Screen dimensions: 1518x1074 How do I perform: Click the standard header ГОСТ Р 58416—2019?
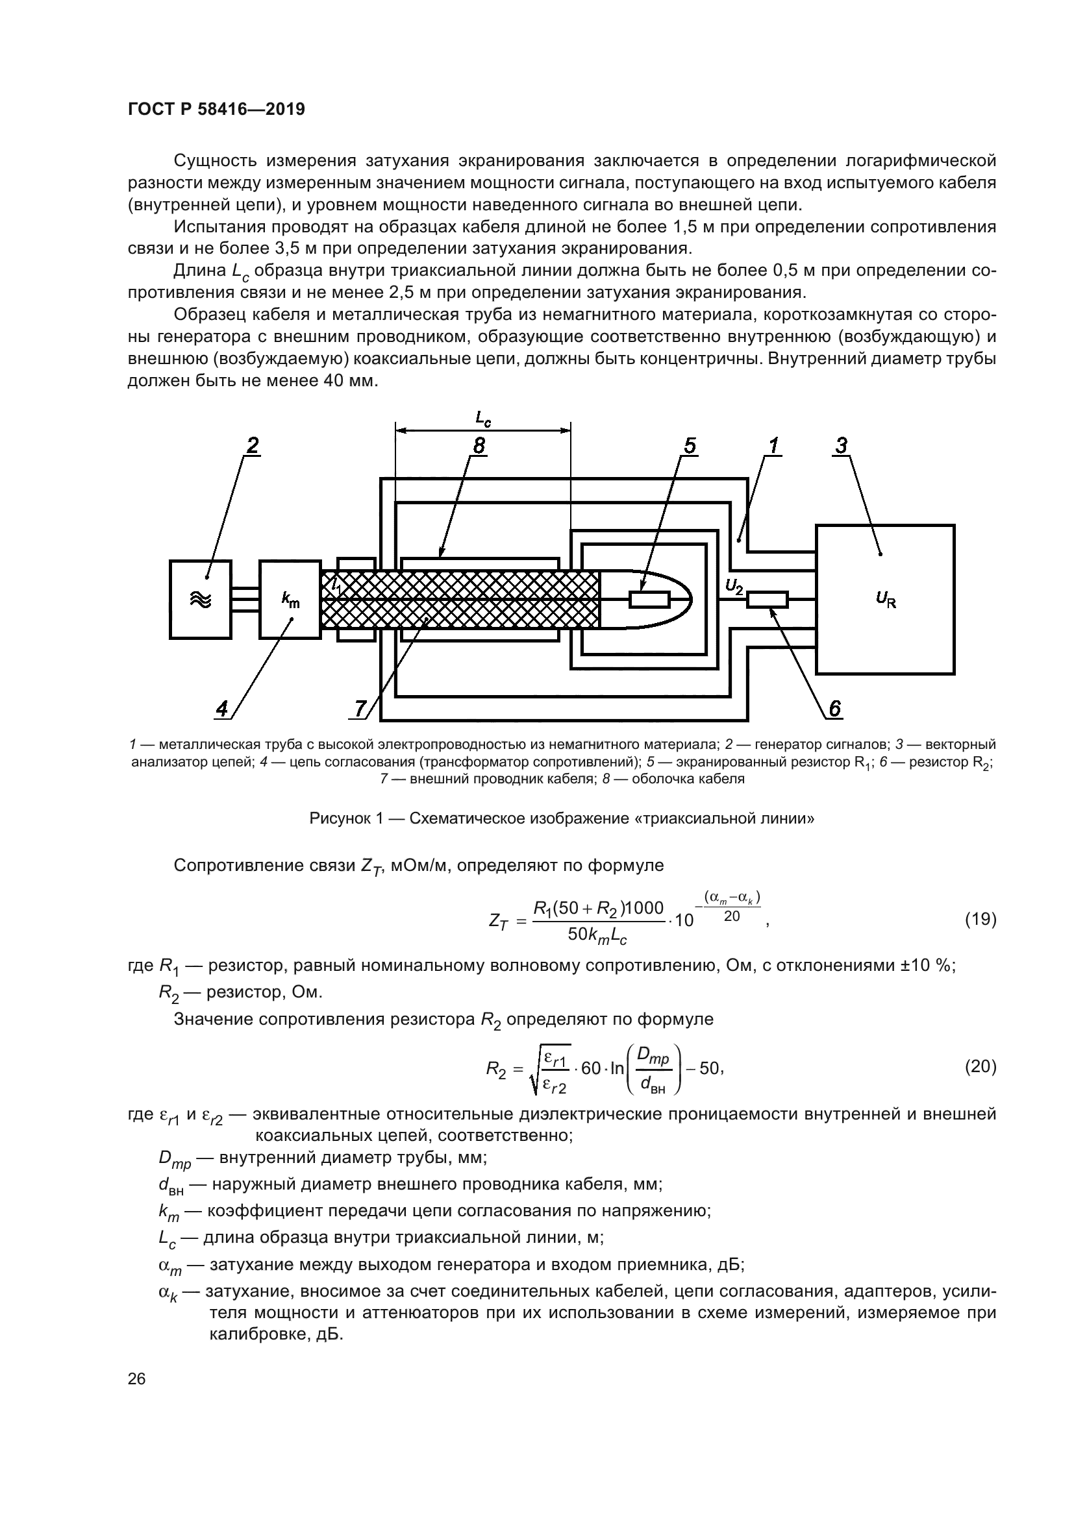point(216,110)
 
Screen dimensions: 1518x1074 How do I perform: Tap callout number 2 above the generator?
point(252,447)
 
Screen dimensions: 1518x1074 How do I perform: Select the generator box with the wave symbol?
point(201,599)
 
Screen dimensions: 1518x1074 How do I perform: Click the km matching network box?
point(290,599)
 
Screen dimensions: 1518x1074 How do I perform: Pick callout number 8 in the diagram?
point(479,447)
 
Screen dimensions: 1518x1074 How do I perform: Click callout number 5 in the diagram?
point(690,447)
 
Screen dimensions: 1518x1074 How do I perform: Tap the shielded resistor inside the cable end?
point(649,600)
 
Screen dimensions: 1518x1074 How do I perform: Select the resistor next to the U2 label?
point(767,600)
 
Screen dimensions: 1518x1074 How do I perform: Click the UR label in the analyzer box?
point(886,600)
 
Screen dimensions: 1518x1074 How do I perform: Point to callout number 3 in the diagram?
point(840,447)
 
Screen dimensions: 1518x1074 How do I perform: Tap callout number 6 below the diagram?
point(834,709)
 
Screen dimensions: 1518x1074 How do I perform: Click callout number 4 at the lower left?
point(222,709)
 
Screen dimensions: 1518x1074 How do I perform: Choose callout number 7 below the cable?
point(360,709)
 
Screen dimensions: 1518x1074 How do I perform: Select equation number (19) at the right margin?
point(980,919)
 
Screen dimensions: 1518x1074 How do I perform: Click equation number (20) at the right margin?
point(980,1066)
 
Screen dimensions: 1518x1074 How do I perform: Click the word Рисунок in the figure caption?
point(341,819)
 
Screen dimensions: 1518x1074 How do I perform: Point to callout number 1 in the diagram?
point(773,447)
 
